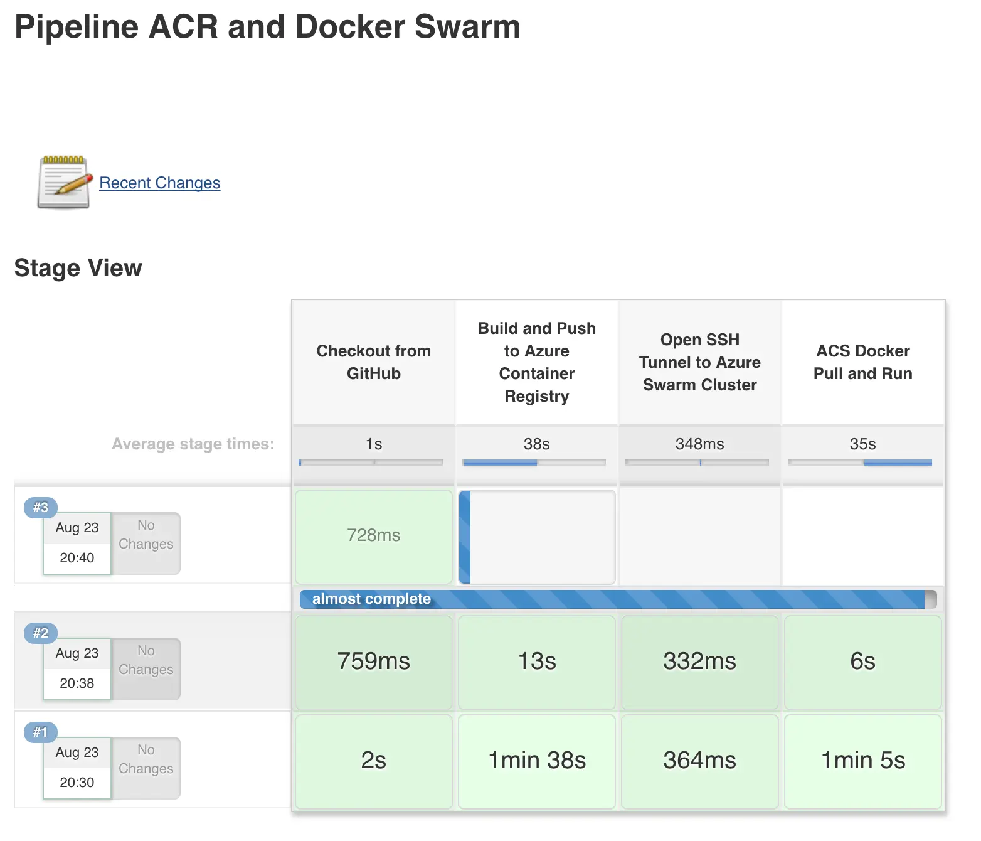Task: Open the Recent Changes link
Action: click(159, 183)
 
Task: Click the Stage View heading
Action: click(78, 268)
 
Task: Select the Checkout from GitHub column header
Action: click(373, 362)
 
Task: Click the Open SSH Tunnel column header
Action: click(699, 362)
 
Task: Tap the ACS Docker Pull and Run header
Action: click(862, 362)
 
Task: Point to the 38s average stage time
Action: click(536, 444)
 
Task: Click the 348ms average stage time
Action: click(699, 444)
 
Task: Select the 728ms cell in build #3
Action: click(373, 535)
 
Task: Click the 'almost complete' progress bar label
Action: click(371, 599)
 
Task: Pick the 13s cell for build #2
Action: click(536, 662)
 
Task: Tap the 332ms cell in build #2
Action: click(699, 662)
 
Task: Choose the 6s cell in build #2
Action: click(862, 662)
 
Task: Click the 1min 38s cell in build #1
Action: click(536, 761)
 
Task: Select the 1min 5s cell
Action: click(862, 761)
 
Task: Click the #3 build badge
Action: click(41, 507)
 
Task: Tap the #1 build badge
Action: click(41, 732)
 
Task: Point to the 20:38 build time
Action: click(77, 683)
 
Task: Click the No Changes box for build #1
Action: click(146, 759)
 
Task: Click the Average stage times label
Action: click(193, 444)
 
